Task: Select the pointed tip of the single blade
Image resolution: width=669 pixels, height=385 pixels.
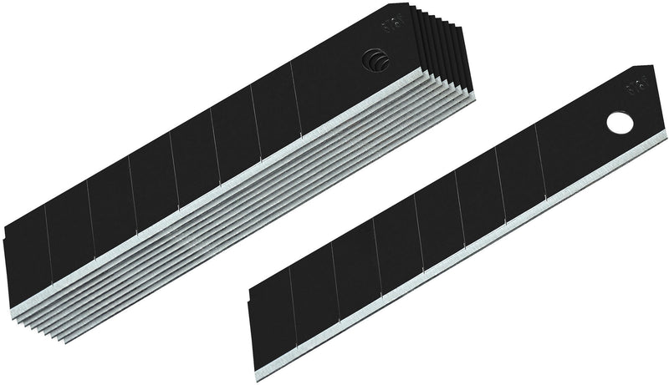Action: click(647, 68)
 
